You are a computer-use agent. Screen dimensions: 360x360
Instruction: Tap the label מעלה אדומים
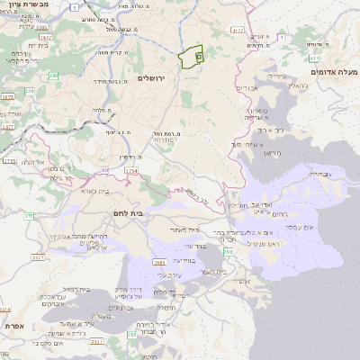point(334,71)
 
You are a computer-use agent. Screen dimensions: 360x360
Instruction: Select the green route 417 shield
point(237,31)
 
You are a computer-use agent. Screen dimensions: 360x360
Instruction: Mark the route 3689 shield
point(159,262)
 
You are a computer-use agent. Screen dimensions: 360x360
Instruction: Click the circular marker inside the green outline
point(198,57)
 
